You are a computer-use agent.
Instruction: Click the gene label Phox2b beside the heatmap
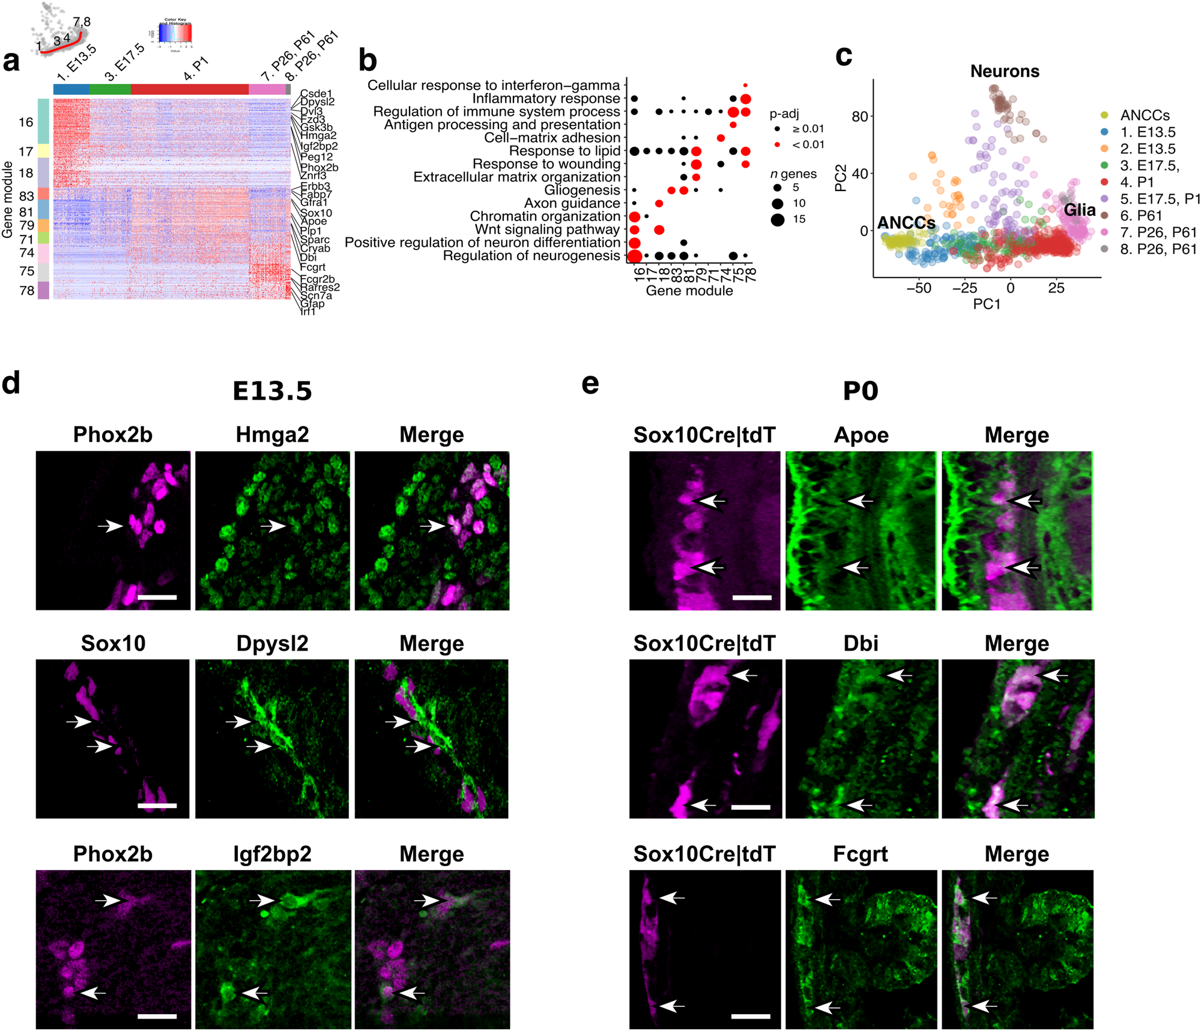tap(319, 167)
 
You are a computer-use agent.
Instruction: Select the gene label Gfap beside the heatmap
tap(312, 303)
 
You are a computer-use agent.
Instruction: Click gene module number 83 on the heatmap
tap(26, 196)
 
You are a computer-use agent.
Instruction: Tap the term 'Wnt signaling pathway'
tap(546, 230)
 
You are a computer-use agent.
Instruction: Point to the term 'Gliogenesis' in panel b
tap(581, 190)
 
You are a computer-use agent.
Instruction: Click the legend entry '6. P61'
tap(1141, 216)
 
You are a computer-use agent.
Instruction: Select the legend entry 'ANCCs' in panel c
tap(1144, 115)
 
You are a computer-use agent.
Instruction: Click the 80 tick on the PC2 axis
tap(859, 116)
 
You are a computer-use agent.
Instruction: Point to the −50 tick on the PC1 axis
tap(918, 288)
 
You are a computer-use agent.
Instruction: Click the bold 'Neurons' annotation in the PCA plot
tap(1004, 71)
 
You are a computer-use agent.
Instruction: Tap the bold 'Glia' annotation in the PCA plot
tap(1079, 210)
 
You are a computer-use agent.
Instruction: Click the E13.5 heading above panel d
tap(272, 391)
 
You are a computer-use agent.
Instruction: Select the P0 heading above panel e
tap(860, 391)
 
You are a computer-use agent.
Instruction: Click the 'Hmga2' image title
tap(272, 434)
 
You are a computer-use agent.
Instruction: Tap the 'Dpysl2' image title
tap(272, 643)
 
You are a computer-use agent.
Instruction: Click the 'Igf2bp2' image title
tap(272, 854)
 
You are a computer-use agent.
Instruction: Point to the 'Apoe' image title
tap(861, 434)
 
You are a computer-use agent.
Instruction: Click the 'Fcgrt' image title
tap(860, 854)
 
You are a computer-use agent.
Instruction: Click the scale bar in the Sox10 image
tap(157, 805)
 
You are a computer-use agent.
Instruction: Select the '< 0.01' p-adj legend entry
tap(808, 145)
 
